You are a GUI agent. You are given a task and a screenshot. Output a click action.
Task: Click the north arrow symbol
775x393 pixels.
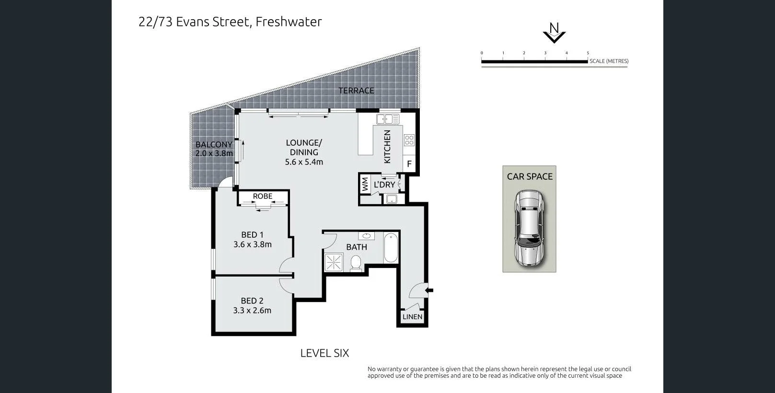[x=554, y=33]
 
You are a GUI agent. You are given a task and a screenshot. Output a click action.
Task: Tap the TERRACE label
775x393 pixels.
[x=356, y=91]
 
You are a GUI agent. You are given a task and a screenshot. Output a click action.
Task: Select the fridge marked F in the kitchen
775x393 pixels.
[x=409, y=163]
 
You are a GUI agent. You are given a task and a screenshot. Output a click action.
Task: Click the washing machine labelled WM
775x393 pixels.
[x=365, y=185]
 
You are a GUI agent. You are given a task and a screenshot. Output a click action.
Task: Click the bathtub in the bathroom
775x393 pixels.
[x=391, y=248]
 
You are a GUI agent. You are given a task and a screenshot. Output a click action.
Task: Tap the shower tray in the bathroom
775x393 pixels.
[x=334, y=262]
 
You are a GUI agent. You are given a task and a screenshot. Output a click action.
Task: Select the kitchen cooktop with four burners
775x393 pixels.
[x=409, y=140]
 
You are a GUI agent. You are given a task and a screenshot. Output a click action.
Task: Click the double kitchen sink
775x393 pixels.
[x=388, y=119]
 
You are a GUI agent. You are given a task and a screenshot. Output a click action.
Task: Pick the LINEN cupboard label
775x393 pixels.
[x=412, y=317]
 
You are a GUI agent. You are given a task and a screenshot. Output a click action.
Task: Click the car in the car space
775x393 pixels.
[x=529, y=228]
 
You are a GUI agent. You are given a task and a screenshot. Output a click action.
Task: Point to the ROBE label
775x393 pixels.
[x=263, y=196]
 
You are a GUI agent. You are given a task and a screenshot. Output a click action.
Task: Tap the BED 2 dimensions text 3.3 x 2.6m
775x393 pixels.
[x=252, y=310]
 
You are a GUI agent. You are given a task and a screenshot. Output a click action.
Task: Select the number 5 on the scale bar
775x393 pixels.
[x=588, y=53]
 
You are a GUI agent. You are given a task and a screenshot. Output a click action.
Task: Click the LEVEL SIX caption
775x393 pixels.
[x=324, y=353]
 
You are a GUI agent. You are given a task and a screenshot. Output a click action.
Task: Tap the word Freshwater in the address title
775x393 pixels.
[x=289, y=22]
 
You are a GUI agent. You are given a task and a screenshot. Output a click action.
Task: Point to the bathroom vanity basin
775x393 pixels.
[x=366, y=236]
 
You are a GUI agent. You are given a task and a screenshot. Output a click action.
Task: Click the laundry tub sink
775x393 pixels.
[x=392, y=199]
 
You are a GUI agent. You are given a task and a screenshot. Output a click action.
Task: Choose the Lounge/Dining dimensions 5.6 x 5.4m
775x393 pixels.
[x=304, y=162]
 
